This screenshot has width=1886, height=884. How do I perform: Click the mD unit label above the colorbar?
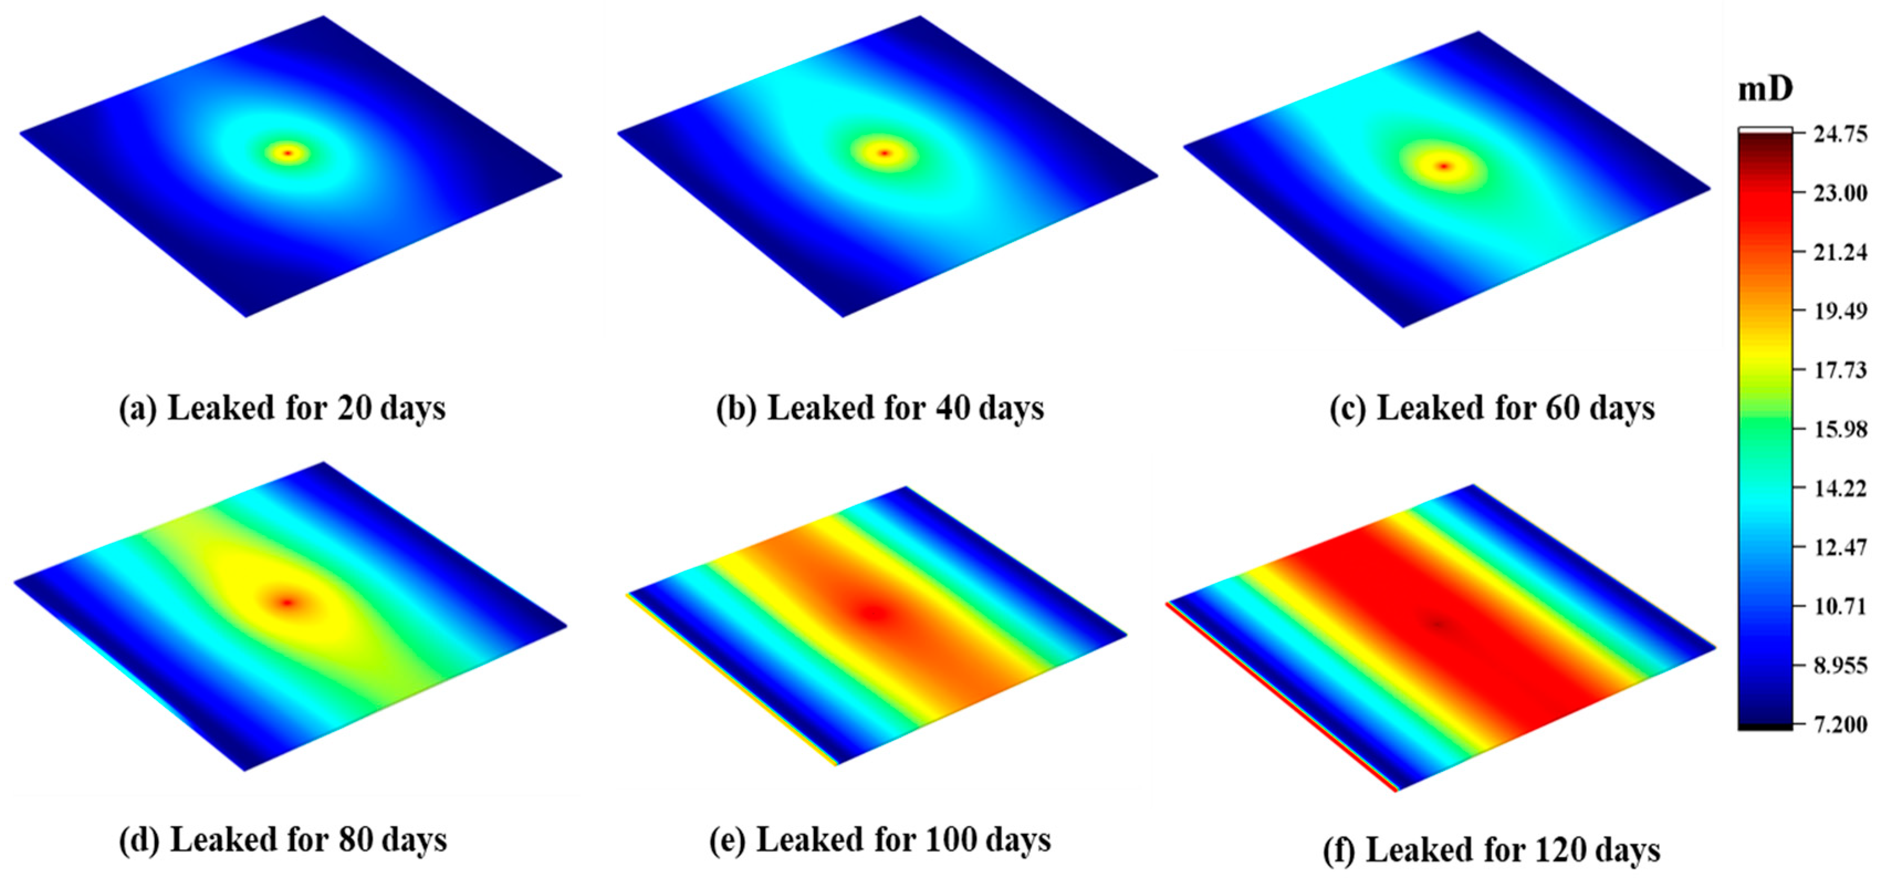coord(1765,90)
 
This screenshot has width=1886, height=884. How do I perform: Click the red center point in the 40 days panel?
coord(885,153)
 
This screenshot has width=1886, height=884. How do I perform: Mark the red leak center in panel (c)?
coord(1444,166)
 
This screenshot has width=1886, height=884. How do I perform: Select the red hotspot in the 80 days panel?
coord(287,602)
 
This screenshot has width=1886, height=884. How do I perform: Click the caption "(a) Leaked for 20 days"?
coord(282,408)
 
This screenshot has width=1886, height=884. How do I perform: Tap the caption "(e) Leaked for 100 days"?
coord(880,839)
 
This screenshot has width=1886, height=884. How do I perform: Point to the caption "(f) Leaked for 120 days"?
coord(1491,850)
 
